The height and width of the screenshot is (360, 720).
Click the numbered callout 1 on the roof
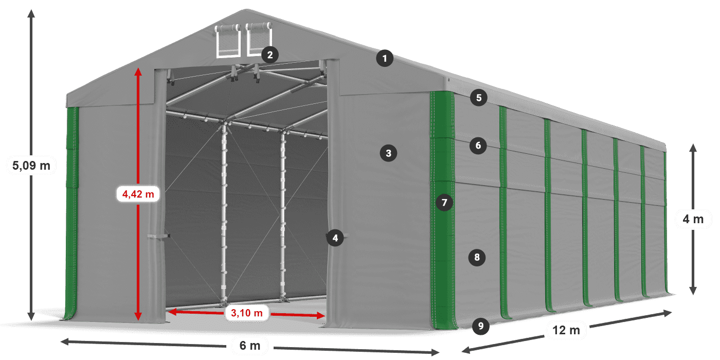pos(385,59)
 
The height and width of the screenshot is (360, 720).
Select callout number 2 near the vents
pos(270,55)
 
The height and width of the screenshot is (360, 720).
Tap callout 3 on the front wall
pos(388,153)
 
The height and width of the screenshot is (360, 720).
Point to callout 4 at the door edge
pos(335,238)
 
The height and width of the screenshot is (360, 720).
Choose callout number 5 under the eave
pos(479,98)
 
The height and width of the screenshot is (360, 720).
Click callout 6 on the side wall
pos(478,146)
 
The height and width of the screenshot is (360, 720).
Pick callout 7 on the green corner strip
pos(444,203)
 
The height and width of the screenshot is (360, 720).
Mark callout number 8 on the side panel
pos(477,257)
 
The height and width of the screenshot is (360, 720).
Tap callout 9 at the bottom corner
pos(480,326)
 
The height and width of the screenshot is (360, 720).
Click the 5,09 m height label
pos(31,166)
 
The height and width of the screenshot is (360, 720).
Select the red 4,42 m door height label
pos(138,194)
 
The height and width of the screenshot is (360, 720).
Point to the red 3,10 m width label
pos(247,313)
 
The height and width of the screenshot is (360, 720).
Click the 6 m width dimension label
pos(250,346)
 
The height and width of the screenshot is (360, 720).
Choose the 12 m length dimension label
pos(566,330)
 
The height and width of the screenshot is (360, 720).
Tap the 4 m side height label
pos(693,219)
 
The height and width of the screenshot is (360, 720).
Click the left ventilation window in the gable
pos(228,41)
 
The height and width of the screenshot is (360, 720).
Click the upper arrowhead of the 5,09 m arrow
pos(31,13)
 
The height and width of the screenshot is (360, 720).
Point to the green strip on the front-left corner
pos(71,213)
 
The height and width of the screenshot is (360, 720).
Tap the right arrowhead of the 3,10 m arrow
pos(321,316)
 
